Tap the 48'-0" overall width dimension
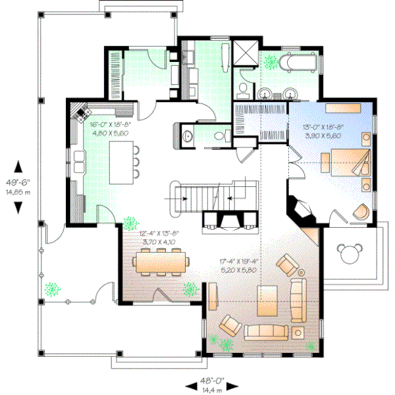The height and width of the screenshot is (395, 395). pyautogui.click(x=213, y=385)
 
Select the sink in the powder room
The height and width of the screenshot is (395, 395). pyautogui.click(x=187, y=136)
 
